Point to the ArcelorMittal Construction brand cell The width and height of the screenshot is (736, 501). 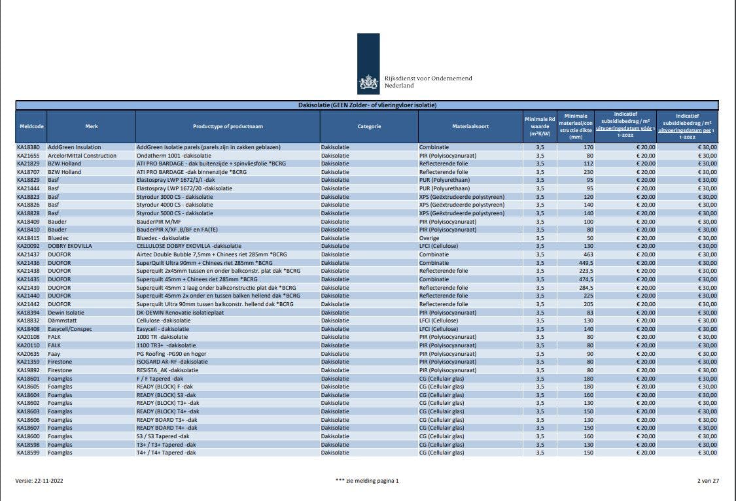pyautogui.click(x=82, y=156)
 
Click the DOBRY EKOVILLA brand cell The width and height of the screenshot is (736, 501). pyautogui.click(x=70, y=246)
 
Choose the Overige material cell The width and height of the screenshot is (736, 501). pyautogui.click(x=430, y=238)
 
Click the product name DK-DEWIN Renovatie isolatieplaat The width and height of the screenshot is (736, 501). pyautogui.click(x=182, y=313)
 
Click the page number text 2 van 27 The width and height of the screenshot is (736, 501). pyautogui.click(x=708, y=481)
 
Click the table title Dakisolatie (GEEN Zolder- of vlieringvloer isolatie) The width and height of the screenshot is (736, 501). pyautogui.click(x=367, y=105)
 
